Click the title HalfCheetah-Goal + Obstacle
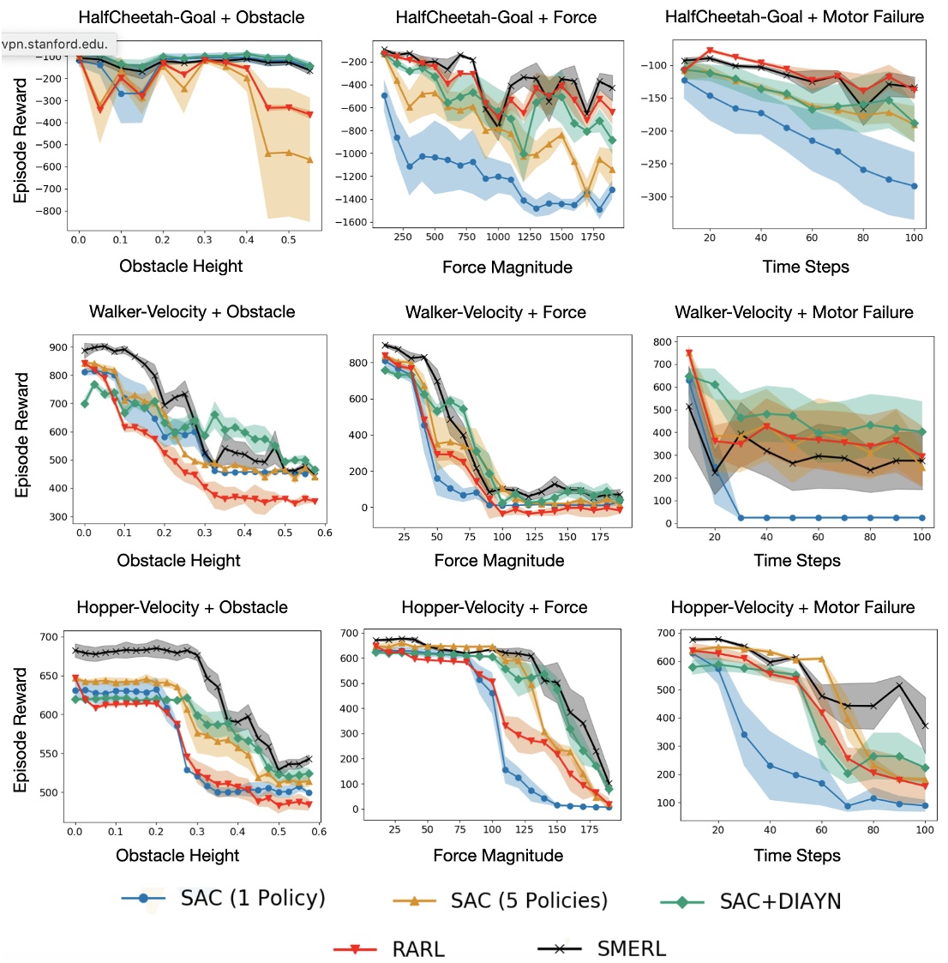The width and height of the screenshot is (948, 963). click(191, 17)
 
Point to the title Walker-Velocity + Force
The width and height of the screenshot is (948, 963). click(495, 312)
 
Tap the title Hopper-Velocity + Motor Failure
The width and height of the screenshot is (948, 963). click(793, 607)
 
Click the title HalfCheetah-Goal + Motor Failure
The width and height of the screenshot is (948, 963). click(795, 17)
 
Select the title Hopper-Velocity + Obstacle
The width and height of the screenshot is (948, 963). click(182, 607)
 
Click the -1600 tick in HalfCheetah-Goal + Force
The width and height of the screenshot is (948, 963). click(353, 223)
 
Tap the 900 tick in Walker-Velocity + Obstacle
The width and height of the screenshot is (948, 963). click(58, 347)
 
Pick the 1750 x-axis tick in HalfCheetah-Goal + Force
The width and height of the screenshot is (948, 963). click(592, 238)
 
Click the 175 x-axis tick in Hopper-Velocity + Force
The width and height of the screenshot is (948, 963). click(589, 830)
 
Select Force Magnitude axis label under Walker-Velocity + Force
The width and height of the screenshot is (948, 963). click(499, 561)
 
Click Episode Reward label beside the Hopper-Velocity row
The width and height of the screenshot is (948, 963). click(21, 730)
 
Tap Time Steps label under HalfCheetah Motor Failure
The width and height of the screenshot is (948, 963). click(806, 267)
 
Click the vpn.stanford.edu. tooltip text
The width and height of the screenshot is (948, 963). click(54, 44)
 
